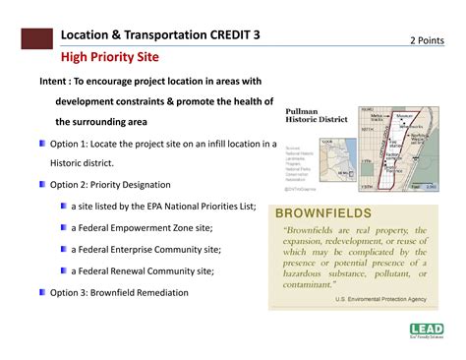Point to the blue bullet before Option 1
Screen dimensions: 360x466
pos(42,143)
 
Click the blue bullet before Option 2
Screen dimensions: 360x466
pos(42,184)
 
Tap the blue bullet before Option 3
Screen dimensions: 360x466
pos(42,292)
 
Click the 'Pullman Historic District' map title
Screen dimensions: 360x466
pos(319,117)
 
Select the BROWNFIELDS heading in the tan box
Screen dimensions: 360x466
pos(323,212)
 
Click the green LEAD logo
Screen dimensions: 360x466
pos(427,331)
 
